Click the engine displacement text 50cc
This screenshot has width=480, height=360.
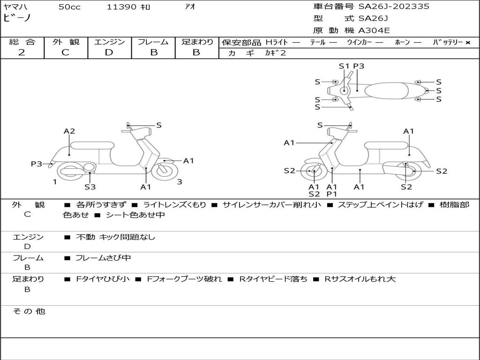[x=69, y=7]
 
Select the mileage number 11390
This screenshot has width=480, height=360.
[x=121, y=7]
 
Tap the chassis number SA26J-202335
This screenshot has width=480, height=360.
[x=394, y=7]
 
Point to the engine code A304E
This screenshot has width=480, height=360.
[x=374, y=31]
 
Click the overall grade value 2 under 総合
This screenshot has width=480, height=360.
[x=22, y=52]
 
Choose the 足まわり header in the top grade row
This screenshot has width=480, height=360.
[x=197, y=42]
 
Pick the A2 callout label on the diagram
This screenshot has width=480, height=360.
[x=69, y=131]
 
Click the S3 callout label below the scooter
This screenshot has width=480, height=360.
[x=90, y=187]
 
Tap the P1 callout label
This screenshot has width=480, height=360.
[x=332, y=194]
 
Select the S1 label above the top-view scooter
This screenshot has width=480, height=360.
[x=344, y=66]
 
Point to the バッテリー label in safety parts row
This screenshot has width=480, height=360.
[x=448, y=42]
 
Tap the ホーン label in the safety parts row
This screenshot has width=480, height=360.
[x=402, y=42]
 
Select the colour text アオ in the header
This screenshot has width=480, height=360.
[x=190, y=7]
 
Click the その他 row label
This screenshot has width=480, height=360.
[x=29, y=311]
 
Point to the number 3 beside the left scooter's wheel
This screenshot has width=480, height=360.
[x=180, y=182]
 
